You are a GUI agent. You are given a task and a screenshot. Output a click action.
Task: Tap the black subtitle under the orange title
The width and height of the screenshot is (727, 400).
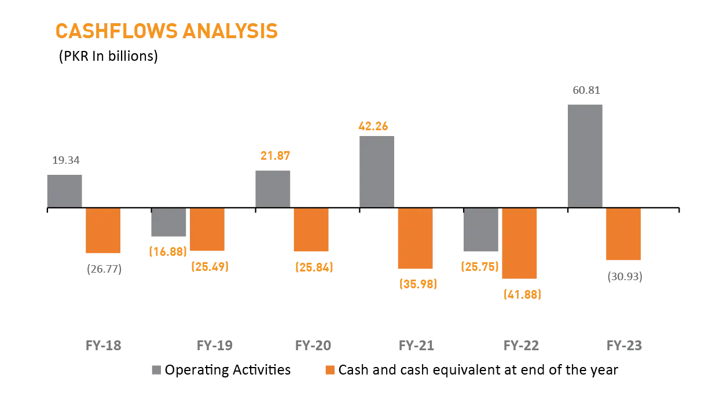[107, 57]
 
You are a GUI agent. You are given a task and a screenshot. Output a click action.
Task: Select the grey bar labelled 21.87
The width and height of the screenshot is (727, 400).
[273, 186]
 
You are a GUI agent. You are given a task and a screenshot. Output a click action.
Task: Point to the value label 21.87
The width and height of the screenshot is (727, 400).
[275, 155]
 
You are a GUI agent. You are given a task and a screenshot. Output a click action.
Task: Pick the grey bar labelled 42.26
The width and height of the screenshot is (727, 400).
[377, 170]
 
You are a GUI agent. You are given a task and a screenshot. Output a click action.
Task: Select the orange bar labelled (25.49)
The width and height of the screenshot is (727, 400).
[208, 230]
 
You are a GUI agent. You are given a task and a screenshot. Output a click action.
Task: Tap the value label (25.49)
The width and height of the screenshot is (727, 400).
[210, 266]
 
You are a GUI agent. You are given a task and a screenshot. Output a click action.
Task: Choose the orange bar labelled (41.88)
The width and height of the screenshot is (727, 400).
[519, 244]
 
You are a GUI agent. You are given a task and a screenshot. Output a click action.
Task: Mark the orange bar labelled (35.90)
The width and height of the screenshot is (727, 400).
[414, 239]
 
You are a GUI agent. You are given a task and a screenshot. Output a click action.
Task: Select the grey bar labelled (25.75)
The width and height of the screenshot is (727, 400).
[482, 231]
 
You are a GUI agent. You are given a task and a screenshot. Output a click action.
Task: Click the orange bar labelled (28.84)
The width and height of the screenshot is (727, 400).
[310, 230]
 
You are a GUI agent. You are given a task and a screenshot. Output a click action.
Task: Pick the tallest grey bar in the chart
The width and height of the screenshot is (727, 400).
[585, 154]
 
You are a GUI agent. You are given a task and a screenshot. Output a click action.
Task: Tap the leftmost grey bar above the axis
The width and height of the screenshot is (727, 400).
[65, 188]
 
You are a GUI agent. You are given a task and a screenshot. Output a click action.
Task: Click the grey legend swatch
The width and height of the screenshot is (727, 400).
[155, 368]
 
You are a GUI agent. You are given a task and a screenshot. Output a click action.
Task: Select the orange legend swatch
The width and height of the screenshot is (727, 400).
[330, 368]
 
